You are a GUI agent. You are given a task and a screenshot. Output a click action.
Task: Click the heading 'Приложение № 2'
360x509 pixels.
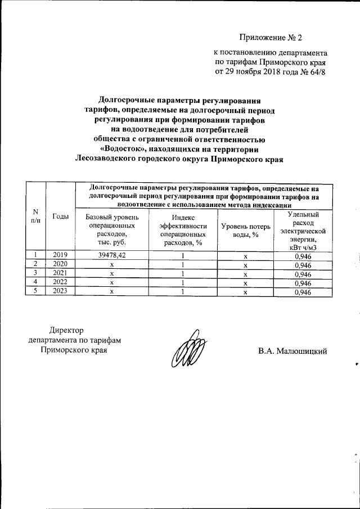point(271,38)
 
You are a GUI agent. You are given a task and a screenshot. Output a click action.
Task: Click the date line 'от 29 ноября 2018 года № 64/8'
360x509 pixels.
point(270,72)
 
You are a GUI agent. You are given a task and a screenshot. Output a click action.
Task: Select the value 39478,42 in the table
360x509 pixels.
point(112,255)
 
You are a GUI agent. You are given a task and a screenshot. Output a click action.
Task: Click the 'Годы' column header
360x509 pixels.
point(60,217)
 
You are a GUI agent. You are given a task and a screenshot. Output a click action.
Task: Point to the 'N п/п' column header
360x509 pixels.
point(36,216)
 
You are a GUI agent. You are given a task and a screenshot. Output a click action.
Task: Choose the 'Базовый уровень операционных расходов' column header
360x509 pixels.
point(112,229)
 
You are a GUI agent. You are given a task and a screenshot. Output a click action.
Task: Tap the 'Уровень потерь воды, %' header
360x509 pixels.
point(246,229)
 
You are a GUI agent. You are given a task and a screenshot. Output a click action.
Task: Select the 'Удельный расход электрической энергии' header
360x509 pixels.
point(303,229)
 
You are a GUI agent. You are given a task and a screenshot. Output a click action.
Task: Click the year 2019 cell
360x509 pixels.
point(60,255)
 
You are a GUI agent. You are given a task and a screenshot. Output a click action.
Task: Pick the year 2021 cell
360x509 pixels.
point(60,273)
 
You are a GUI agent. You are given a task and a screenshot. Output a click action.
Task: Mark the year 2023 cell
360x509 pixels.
point(60,291)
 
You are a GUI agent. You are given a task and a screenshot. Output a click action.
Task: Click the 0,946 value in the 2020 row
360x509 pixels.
point(303,264)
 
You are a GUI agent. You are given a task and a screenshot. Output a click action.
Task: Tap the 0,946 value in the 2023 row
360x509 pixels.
point(303,291)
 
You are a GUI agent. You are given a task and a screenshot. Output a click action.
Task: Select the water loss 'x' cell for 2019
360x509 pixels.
point(246,256)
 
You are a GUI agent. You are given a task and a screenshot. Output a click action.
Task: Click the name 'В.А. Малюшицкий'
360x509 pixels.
point(292,352)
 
